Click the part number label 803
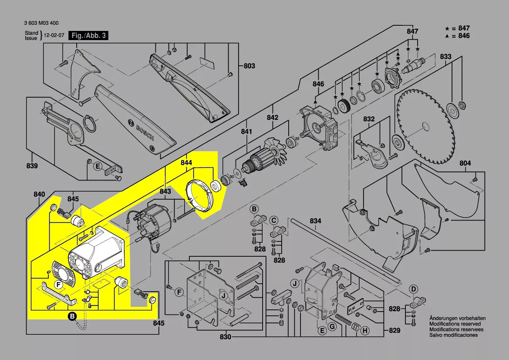coord(249,66)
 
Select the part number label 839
coord(32,166)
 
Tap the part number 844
coord(186,163)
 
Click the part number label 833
coord(445,57)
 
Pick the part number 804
coord(465,163)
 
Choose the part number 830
coord(226,337)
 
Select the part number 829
coord(394,331)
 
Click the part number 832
coord(369,119)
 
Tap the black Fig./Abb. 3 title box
coord(88,36)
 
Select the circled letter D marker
coord(414,289)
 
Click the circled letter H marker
coord(364,331)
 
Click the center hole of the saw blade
coord(424,127)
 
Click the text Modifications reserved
coord(455,324)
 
